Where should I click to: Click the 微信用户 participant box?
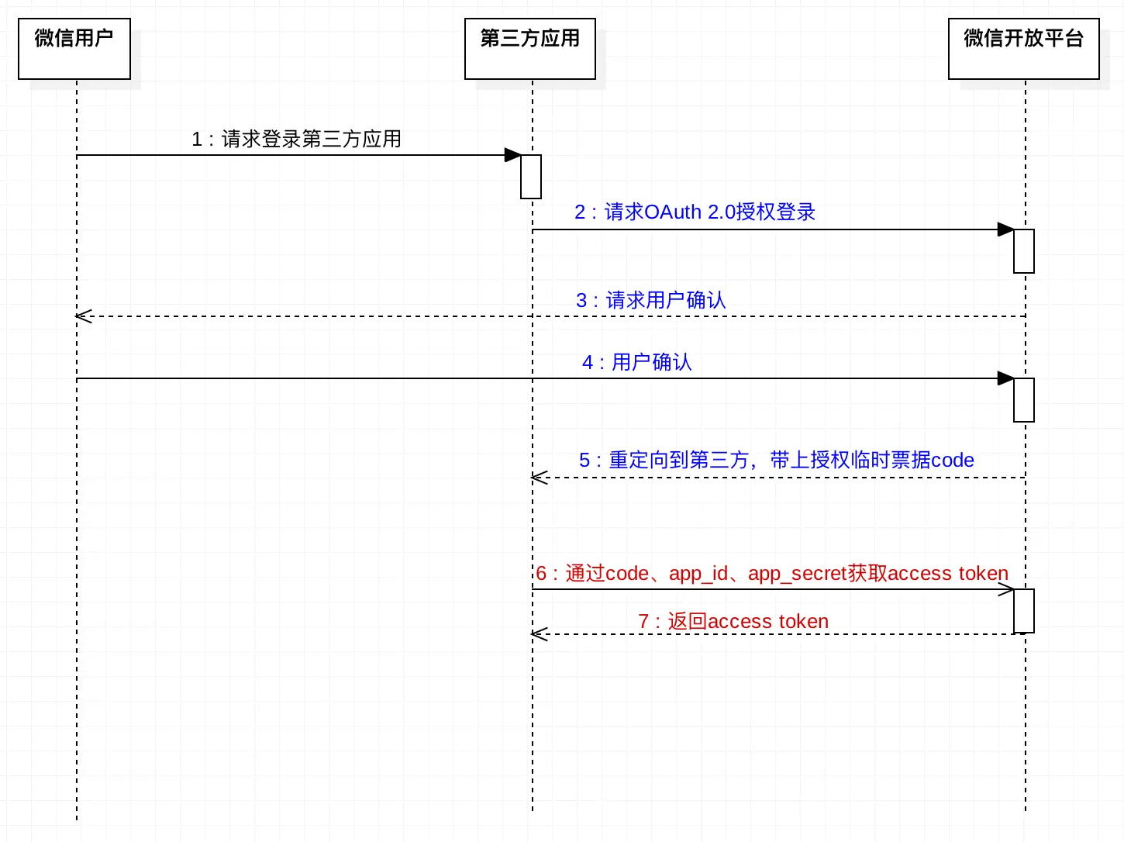pyautogui.click(x=74, y=49)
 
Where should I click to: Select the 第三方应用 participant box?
pyautogui.click(x=530, y=49)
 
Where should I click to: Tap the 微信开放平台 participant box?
pyautogui.click(x=1023, y=49)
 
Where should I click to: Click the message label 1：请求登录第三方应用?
pyautogui.click(x=296, y=139)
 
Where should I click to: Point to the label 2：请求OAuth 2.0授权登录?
pyautogui.click(x=695, y=212)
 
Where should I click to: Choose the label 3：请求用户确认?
pyautogui.click(x=650, y=300)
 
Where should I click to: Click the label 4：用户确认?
pyautogui.click(x=636, y=362)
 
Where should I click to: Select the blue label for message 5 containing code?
pyautogui.click(x=776, y=460)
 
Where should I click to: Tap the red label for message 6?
pyautogui.click(x=771, y=573)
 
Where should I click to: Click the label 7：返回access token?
pyautogui.click(x=733, y=621)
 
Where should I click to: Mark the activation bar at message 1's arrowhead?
pyautogui.click(x=531, y=177)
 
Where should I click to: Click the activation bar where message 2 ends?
pyautogui.click(x=1024, y=251)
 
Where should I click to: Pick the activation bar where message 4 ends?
pyautogui.click(x=1024, y=400)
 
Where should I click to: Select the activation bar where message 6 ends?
pyautogui.click(x=1024, y=611)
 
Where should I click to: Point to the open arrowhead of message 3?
pyautogui.click(x=83, y=316)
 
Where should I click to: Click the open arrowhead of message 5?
pyautogui.click(x=539, y=478)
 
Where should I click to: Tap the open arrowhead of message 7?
pyautogui.click(x=539, y=634)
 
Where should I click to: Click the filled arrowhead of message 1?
pyautogui.click(x=512, y=155)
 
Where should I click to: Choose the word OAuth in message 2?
pyautogui.click(x=673, y=212)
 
